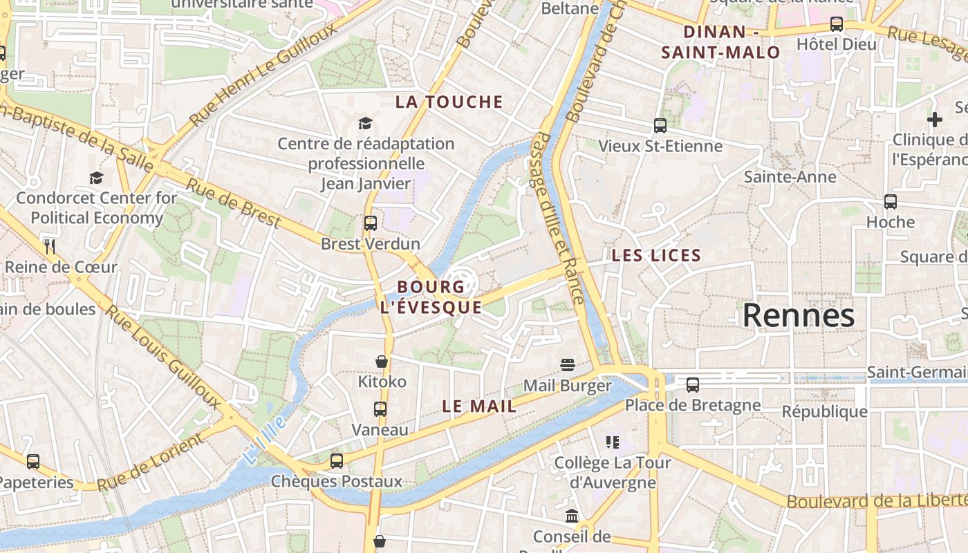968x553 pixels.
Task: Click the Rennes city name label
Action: coord(799,316)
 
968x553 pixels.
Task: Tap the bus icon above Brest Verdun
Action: coord(371,223)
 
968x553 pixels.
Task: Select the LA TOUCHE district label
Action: coord(449,102)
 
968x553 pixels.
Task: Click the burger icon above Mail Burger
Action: coord(568,365)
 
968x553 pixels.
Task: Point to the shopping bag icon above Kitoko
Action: coord(381,362)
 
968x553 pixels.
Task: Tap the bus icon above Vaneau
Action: coord(380,409)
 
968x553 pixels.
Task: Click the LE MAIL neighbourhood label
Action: coord(479,406)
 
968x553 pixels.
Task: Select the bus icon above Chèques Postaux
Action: coord(337,460)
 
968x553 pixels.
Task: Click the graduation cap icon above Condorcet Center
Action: coord(96,178)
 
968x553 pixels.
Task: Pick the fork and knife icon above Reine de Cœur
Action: coord(49,245)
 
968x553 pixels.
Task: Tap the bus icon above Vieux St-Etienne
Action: coord(660,126)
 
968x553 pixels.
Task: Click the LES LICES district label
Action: coord(656,256)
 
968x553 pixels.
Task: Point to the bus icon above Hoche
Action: coord(891,202)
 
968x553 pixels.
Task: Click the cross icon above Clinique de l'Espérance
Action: coord(935,120)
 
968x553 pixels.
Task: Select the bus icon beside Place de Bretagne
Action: coord(693,385)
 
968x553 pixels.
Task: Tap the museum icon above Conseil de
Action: coord(572,516)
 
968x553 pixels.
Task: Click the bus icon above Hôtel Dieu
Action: coord(837,24)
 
